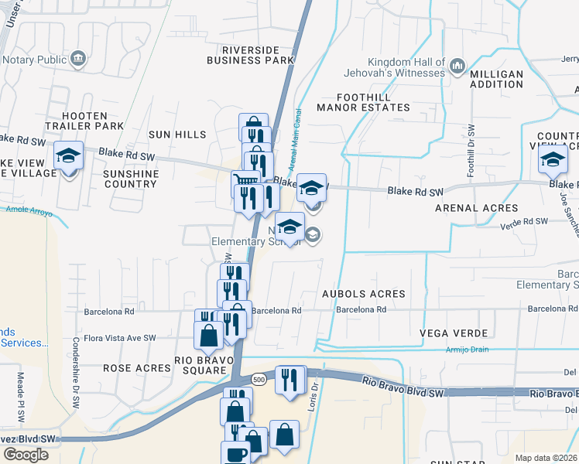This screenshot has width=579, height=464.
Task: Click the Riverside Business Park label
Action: pyautogui.click(x=251, y=54)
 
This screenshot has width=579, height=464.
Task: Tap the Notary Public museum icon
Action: pyautogui.click(x=77, y=59)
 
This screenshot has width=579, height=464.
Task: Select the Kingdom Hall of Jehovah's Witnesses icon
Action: pyautogui.click(x=457, y=67)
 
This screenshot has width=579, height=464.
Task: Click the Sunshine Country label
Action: pyautogui.click(x=131, y=179)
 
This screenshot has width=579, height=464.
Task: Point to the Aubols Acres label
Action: pyautogui.click(x=364, y=294)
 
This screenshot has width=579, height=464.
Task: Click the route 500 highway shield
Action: pyautogui.click(x=258, y=380)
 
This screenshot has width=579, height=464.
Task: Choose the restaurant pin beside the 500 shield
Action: pyautogui.click(x=290, y=380)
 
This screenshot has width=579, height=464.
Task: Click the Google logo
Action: pyautogui.click(x=26, y=454)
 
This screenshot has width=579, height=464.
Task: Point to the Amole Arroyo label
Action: pyautogui.click(x=28, y=209)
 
